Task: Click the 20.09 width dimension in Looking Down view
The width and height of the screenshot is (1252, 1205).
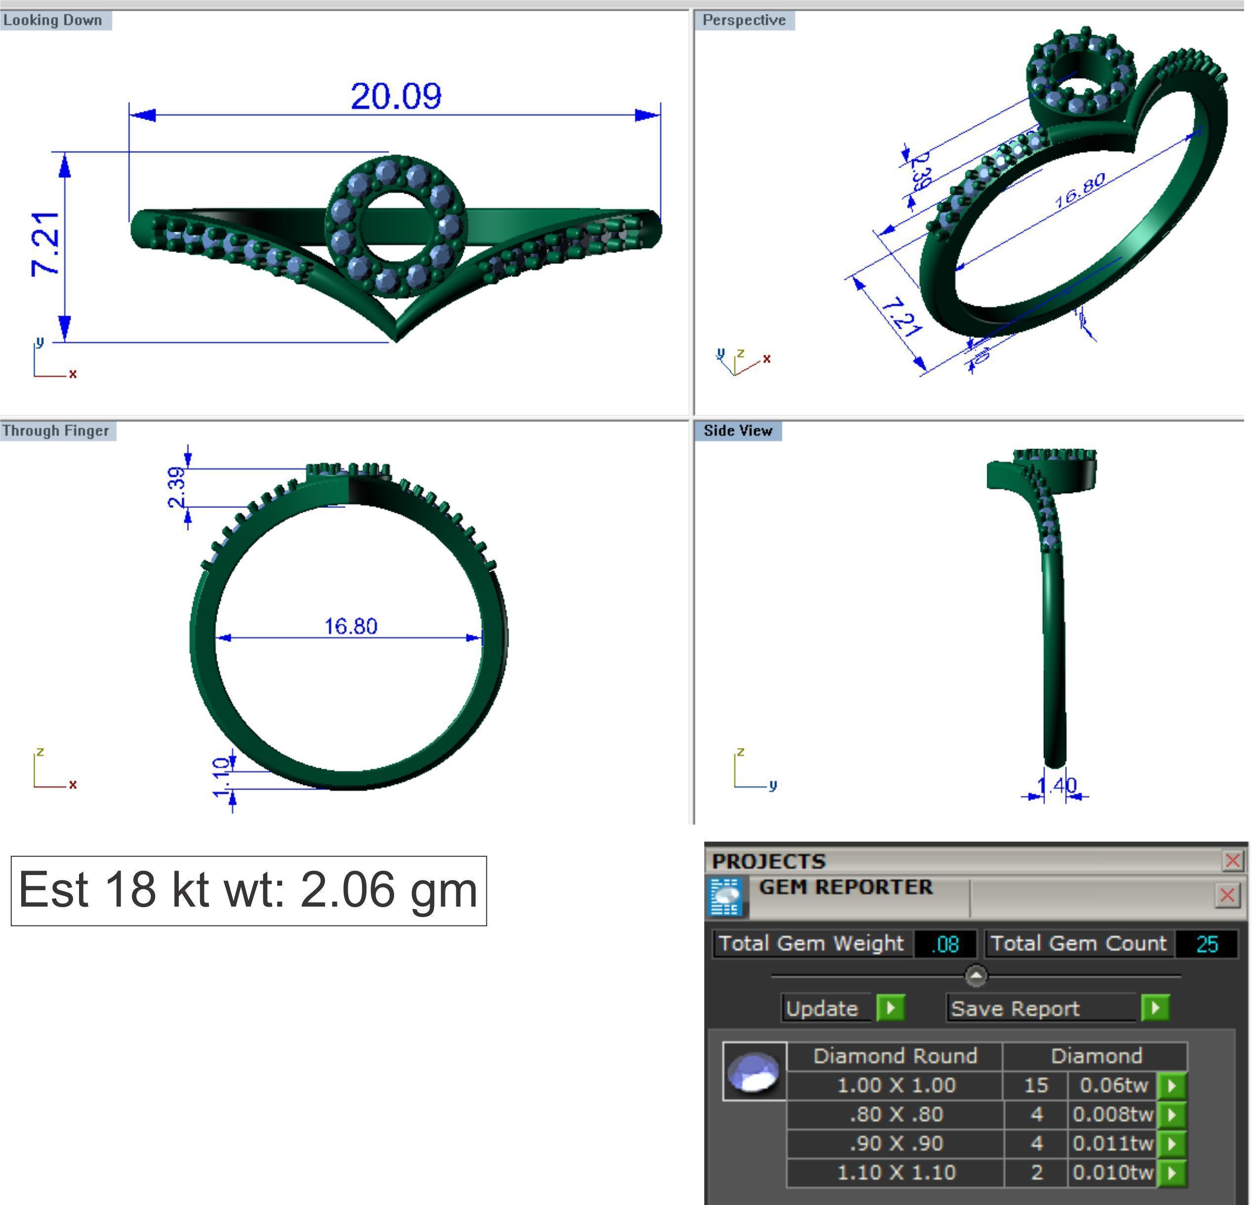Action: click(396, 96)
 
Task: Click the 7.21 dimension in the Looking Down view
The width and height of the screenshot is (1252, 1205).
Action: click(46, 244)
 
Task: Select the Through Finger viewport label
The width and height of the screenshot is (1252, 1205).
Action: click(56, 431)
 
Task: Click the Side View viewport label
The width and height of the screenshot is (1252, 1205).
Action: click(738, 431)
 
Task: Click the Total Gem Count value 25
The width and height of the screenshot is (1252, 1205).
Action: click(1207, 944)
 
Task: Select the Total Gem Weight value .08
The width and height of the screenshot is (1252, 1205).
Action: click(945, 944)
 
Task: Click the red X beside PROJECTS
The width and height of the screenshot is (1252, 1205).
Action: click(1232, 861)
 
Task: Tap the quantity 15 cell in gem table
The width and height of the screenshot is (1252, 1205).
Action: click(1036, 1085)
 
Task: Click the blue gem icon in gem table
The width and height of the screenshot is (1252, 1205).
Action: click(754, 1072)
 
